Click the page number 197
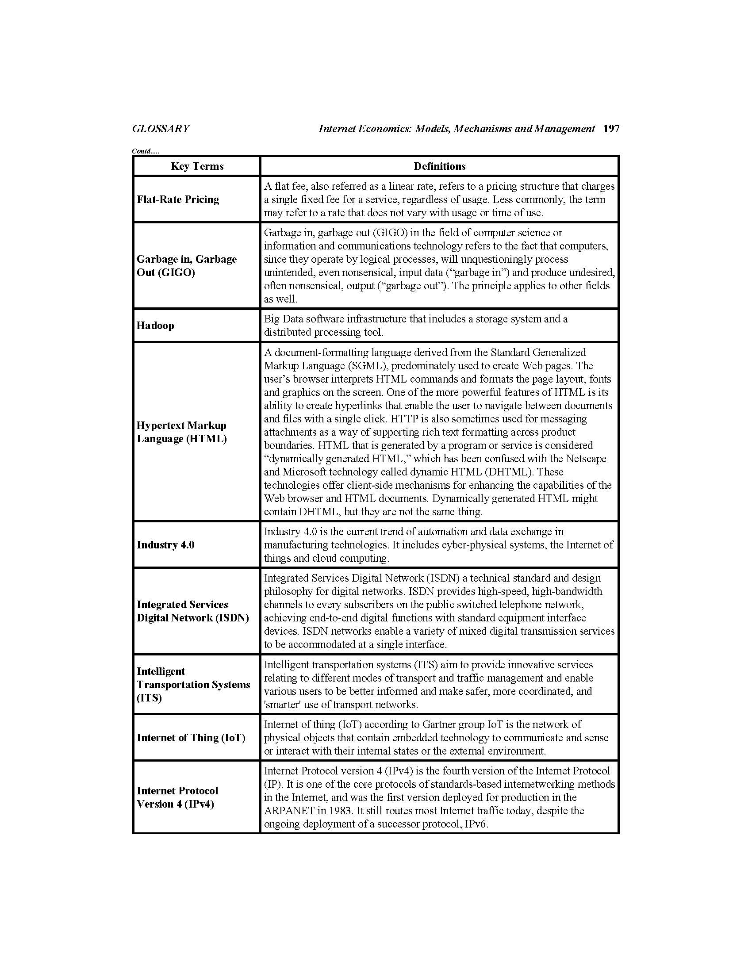611,129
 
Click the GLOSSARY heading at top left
161,129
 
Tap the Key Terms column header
197,166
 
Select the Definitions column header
439,166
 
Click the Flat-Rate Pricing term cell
178,199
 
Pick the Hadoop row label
155,325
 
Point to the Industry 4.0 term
165,544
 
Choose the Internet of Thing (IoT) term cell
191,737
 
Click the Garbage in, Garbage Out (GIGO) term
186,265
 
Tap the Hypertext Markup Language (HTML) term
181,432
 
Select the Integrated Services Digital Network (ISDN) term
192,611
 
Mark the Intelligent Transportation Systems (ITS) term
193,684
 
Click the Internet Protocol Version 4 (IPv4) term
177,797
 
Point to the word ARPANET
292,810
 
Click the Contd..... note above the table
145,151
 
